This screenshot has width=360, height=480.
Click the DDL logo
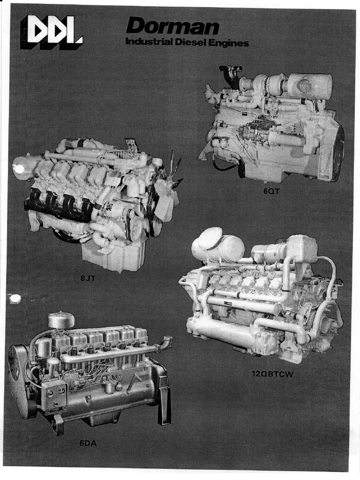pyautogui.click(x=52, y=32)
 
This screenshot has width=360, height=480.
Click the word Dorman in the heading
pyautogui.click(x=172, y=26)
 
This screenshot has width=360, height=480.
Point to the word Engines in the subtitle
pyautogui.click(x=228, y=43)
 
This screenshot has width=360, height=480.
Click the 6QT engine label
pyautogui.click(x=271, y=191)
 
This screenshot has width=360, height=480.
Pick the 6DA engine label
pyautogui.click(x=88, y=443)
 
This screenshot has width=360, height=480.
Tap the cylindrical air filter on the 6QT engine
pyautogui.click(x=310, y=84)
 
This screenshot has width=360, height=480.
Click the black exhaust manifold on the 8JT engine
pyautogui.click(x=59, y=203)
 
